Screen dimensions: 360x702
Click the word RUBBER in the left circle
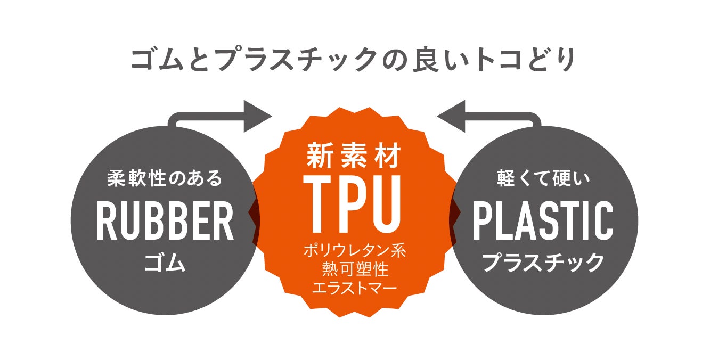(165, 222)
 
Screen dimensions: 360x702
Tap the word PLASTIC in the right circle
(543, 222)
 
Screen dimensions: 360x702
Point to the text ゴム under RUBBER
(165, 263)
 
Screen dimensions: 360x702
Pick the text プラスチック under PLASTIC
(543, 263)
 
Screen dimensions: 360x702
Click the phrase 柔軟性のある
(165, 178)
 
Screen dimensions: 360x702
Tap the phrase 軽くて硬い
(543, 178)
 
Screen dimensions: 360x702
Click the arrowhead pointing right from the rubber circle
(258, 116)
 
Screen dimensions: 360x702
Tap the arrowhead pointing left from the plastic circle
(451, 116)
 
